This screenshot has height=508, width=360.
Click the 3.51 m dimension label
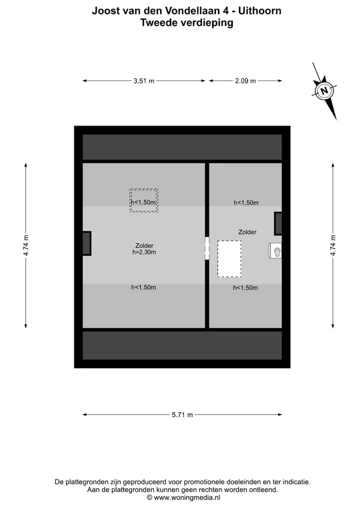tap(144, 81)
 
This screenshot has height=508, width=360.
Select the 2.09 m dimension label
tap(245, 81)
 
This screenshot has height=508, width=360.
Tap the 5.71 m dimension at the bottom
tap(182, 415)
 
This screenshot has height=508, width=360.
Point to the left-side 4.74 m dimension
tap(26, 245)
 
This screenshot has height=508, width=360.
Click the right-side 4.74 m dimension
tap(333, 245)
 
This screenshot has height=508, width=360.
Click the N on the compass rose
tap(324, 91)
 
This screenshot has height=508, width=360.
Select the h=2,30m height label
tap(144, 252)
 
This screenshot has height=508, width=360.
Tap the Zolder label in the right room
tap(247, 232)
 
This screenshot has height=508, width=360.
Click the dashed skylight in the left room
tap(143, 200)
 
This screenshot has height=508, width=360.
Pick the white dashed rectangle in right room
tap(229, 259)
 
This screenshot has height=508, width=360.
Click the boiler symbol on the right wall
tap(275, 251)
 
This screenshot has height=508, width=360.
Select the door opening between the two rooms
tap(207, 248)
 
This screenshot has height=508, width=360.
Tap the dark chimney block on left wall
tap(86, 243)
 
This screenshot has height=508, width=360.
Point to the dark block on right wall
tap(278, 224)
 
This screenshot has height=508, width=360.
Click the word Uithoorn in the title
tap(260, 10)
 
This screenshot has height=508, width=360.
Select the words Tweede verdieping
tap(187, 22)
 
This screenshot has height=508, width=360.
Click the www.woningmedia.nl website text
tap(187, 498)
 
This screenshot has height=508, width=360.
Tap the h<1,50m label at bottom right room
tap(245, 288)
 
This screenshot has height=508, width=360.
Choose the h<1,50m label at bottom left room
tap(143, 287)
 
